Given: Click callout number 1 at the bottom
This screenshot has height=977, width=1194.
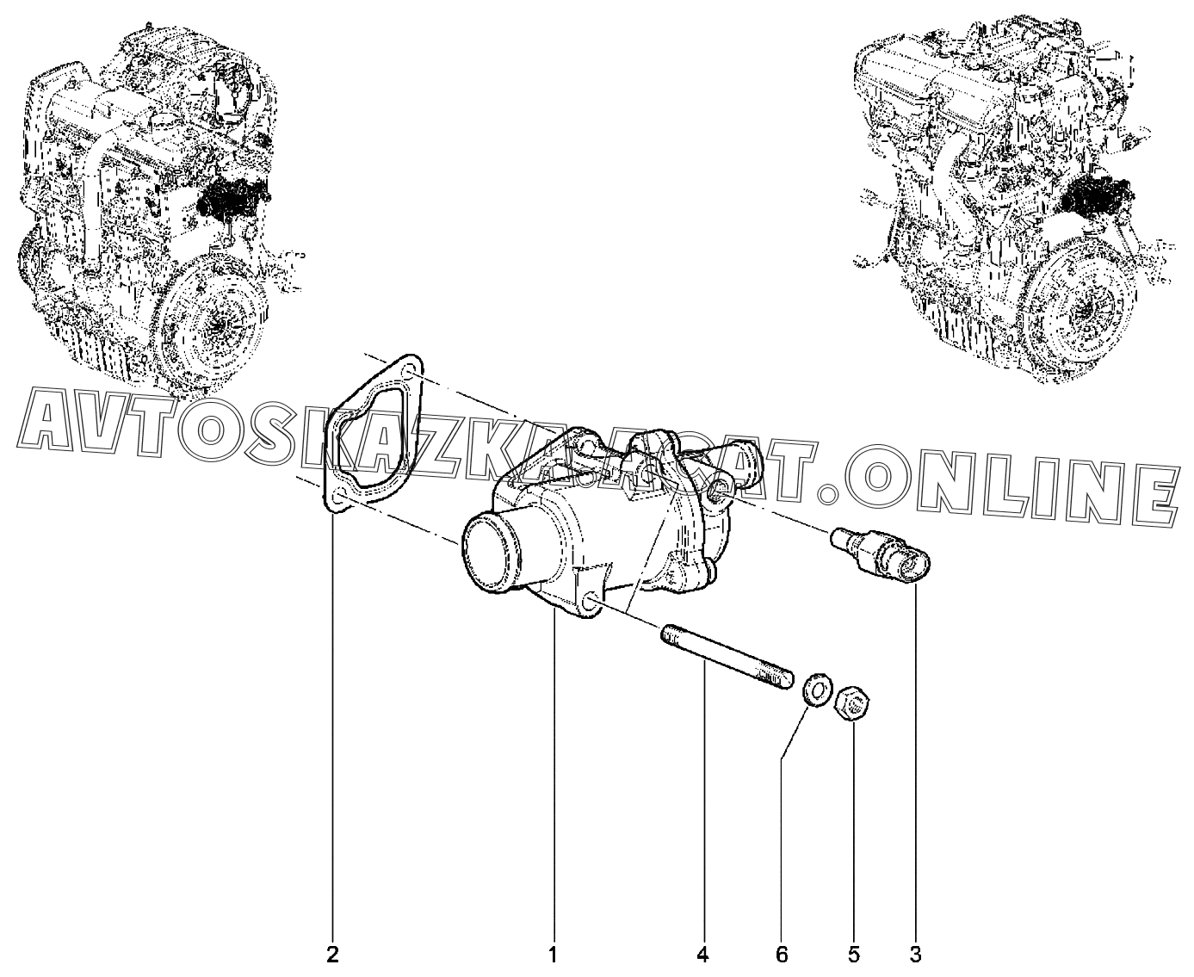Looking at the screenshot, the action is (554, 955).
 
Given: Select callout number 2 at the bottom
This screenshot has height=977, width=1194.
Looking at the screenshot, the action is (333, 955).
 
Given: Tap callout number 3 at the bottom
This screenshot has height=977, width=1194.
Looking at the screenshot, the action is (915, 955).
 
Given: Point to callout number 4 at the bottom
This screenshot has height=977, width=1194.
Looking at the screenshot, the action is (702, 955).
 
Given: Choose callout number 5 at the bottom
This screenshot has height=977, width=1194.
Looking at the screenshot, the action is (854, 955).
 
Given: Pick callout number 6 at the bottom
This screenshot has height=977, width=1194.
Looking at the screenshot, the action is (782, 955).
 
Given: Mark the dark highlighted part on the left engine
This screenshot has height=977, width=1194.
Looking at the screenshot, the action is (232, 201).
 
